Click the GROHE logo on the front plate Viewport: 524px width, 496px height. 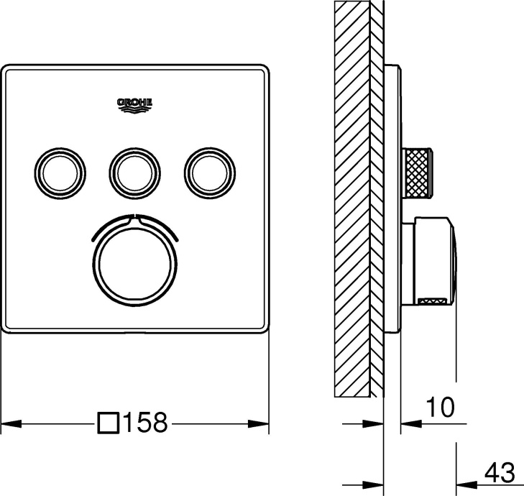pyautogui.click(x=134, y=105)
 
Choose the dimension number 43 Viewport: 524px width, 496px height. pyautogui.click(x=498, y=472)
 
